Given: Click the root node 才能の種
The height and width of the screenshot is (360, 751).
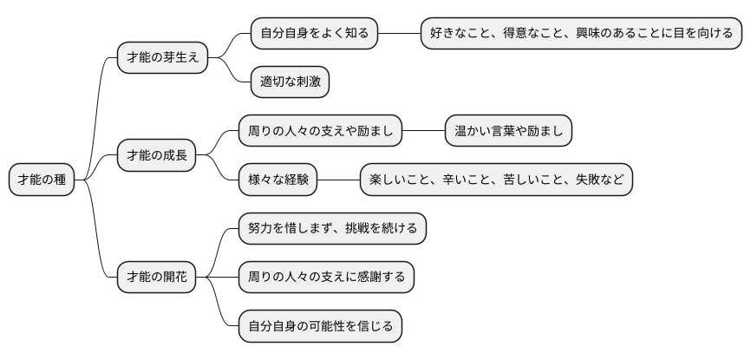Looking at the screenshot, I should [42, 180].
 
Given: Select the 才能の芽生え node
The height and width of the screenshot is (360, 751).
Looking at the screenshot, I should [163, 58].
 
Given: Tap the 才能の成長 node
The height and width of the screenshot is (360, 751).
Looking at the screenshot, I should [157, 156].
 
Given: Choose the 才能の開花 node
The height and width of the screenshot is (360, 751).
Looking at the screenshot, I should [157, 278].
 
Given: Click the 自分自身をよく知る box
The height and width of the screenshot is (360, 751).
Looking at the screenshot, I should [314, 34].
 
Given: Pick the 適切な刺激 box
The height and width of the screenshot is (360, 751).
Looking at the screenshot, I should [290, 82].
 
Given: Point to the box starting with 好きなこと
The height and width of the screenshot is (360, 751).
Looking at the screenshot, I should [582, 34].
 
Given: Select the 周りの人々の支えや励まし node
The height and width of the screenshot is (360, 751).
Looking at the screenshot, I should [320, 132].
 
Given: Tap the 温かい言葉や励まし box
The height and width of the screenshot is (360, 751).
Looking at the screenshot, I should [508, 132].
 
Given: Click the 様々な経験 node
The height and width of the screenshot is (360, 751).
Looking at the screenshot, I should [278, 180].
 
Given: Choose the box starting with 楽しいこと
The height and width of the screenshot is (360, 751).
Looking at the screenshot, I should [496, 180].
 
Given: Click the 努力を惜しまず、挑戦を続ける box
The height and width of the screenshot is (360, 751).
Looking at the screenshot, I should [332, 229].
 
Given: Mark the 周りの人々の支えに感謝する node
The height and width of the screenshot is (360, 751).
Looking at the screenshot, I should [326, 278].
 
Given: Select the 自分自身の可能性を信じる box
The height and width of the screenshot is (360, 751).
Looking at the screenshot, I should [320, 327].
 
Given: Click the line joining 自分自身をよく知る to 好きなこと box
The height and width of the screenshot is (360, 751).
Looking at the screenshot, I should [399, 34].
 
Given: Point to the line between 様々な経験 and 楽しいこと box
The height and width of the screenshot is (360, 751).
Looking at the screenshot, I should [338, 180].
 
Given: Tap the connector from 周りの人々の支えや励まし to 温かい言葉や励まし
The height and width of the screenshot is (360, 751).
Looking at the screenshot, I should [423, 132].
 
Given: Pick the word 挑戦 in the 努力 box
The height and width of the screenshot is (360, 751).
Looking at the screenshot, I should [357, 229].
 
